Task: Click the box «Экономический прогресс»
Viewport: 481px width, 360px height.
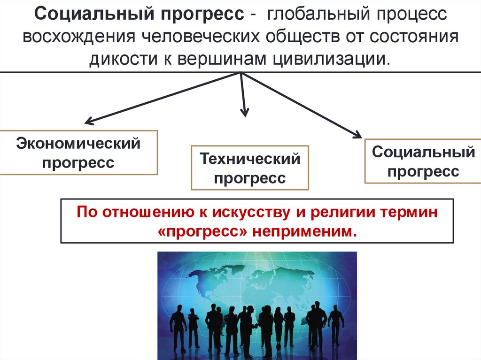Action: tap(78, 153)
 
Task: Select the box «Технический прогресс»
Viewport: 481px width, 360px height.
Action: tap(250, 168)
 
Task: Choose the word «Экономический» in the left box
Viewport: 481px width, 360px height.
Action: tap(78, 143)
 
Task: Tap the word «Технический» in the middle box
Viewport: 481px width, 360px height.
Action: tap(250, 159)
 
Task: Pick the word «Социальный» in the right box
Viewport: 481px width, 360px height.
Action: tap(423, 153)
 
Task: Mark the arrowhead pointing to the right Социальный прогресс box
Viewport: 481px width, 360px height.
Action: tap(357, 135)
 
